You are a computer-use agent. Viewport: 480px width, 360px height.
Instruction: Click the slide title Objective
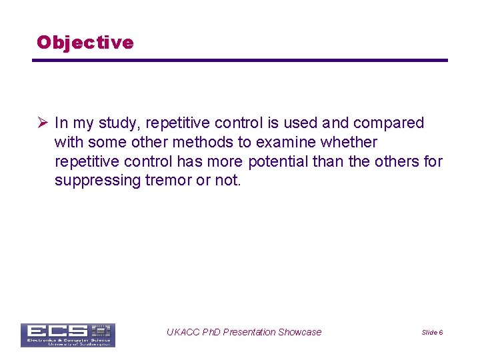(x=85, y=43)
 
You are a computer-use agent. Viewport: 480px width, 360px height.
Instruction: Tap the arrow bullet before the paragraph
(x=42, y=123)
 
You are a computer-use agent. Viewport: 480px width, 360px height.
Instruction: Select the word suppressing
(x=97, y=181)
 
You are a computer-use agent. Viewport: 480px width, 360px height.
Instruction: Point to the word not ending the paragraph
(x=227, y=181)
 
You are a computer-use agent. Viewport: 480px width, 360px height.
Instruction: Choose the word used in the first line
(x=301, y=123)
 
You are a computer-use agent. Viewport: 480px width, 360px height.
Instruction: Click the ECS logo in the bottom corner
(x=67, y=335)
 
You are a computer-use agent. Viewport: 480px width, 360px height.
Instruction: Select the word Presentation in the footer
(x=249, y=332)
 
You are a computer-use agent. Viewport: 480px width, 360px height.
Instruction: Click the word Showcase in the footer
(x=299, y=332)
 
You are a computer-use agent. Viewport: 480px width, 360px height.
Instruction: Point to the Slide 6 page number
(x=432, y=332)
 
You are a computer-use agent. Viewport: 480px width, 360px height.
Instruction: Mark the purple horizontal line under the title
(x=240, y=61)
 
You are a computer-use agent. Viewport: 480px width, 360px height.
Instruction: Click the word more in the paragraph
(x=226, y=162)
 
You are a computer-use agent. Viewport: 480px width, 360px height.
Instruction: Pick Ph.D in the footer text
(x=210, y=332)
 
